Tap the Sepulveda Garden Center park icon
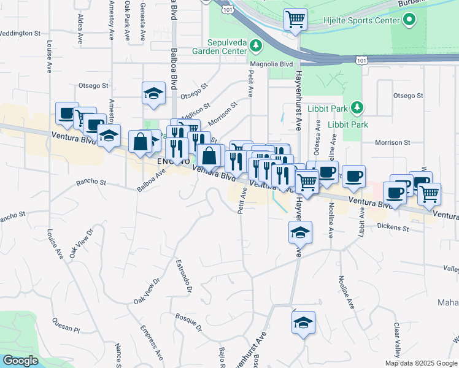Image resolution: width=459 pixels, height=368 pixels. pyautogui.click(x=258, y=45)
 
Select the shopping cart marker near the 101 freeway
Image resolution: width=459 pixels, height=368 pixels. pyautogui.click(x=295, y=20)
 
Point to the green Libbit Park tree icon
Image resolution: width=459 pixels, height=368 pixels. pyautogui.click(x=357, y=109)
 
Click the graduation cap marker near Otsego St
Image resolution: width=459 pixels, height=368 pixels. pyautogui.click(x=153, y=93)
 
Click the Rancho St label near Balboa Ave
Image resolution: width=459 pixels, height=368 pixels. pyautogui.click(x=91, y=182)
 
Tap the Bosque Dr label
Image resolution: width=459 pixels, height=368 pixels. pyautogui.click(x=188, y=323)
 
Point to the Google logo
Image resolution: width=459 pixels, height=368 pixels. pyautogui.click(x=21, y=361)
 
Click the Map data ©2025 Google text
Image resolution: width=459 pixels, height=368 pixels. pyautogui.click(x=420, y=363)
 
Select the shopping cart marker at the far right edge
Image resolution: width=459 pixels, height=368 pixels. pyautogui.click(x=429, y=194)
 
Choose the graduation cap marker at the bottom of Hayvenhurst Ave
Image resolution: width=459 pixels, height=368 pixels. pyautogui.click(x=303, y=323)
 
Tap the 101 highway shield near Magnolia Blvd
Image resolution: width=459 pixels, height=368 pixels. pyautogui.click(x=362, y=59)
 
